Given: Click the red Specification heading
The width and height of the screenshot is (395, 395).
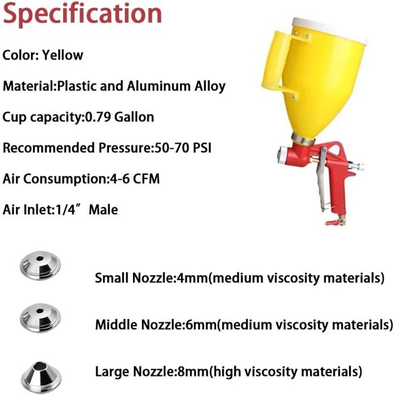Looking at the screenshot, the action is pos(82,14).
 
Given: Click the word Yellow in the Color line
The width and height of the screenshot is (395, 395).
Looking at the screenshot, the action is pos(62,55).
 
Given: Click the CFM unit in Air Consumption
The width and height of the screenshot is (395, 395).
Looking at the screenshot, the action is pos(146,179).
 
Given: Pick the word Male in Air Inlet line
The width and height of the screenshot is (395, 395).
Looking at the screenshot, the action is pos(104,210).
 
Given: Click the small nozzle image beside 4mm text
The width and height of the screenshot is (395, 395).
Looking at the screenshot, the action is pos(40,265).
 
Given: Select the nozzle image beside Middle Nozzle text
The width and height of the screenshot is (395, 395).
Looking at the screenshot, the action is pos(40,318).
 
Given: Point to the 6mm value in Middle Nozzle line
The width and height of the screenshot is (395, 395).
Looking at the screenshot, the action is pos(201,324).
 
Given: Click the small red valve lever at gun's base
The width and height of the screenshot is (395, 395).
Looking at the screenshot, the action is pos(332,222).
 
